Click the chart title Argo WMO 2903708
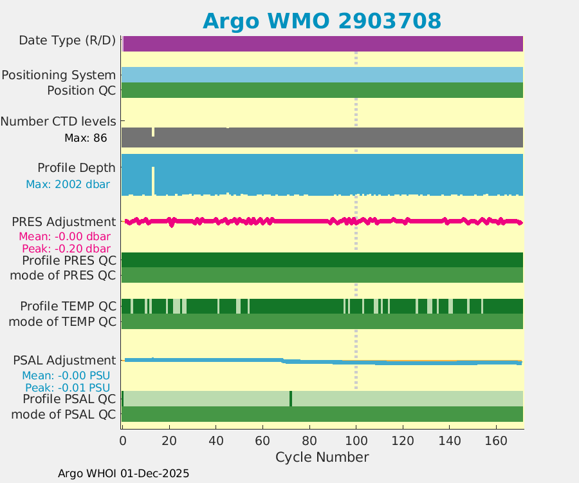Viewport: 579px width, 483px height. coord(322,21)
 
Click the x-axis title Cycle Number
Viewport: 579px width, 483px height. coord(322,457)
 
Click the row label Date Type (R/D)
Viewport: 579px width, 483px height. coord(68,41)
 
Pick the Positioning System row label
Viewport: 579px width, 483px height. coord(59,75)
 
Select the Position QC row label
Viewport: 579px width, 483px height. coord(82,91)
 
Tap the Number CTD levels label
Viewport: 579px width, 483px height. coord(59,122)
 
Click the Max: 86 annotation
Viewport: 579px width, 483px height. coord(86,138)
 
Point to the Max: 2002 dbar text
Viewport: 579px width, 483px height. coord(68,184)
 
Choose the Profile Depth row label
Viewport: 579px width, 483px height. coord(77,168)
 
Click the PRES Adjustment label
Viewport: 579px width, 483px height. coord(64,222)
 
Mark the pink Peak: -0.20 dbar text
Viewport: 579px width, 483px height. coord(66,249)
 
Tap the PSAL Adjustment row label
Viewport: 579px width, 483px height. coord(64,361)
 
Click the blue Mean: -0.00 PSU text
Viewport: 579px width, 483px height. coord(66,375)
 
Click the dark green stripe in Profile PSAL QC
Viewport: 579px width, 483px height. coord(291,399)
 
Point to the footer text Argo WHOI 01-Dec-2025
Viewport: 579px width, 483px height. coord(124,473)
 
